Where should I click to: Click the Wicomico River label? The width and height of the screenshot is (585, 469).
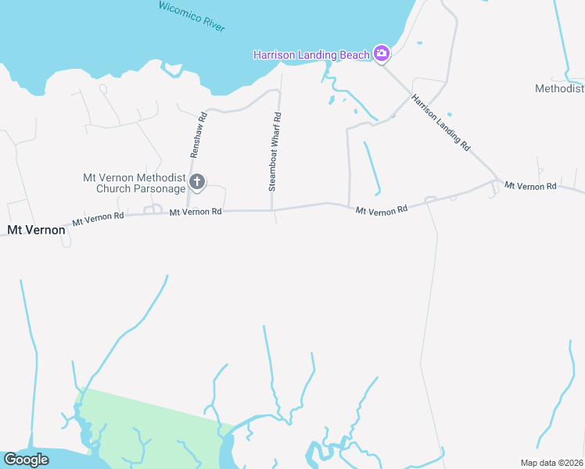192,16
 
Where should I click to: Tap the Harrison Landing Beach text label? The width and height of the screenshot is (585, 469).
311,55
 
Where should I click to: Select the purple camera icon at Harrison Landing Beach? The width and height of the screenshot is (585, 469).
381,53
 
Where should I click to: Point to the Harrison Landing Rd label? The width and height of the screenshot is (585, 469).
441,122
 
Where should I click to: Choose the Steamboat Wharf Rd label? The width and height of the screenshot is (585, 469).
275,152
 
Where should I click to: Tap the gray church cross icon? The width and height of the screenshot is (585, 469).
197,183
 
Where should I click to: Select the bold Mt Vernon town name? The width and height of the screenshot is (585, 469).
36,230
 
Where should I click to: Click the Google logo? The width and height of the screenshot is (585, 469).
26,459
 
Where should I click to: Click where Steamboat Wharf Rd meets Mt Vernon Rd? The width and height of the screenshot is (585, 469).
271,209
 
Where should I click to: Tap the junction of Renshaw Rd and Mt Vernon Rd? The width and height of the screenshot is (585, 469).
188,211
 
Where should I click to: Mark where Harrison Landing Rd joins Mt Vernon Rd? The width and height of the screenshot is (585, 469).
496,181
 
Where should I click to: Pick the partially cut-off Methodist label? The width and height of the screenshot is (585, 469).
559,88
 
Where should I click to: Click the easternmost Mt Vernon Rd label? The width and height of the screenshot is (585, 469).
530,186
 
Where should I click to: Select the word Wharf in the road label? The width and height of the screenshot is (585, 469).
275,145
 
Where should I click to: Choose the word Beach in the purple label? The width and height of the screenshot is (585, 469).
354,55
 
